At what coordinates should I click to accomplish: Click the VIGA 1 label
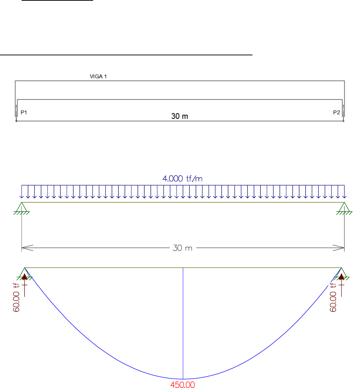(x=98, y=77)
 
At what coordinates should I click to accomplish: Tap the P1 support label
(x=24, y=112)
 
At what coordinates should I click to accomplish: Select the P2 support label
(x=337, y=112)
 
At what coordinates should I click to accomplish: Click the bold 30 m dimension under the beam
(x=179, y=116)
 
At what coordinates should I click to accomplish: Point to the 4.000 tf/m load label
(x=182, y=179)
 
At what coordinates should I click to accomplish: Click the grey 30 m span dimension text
(x=183, y=248)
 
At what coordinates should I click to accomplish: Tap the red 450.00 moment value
(x=183, y=384)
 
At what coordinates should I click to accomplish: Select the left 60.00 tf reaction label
(x=16, y=297)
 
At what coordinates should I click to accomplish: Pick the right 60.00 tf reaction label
(x=333, y=297)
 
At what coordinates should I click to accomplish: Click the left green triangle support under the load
(x=22, y=208)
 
